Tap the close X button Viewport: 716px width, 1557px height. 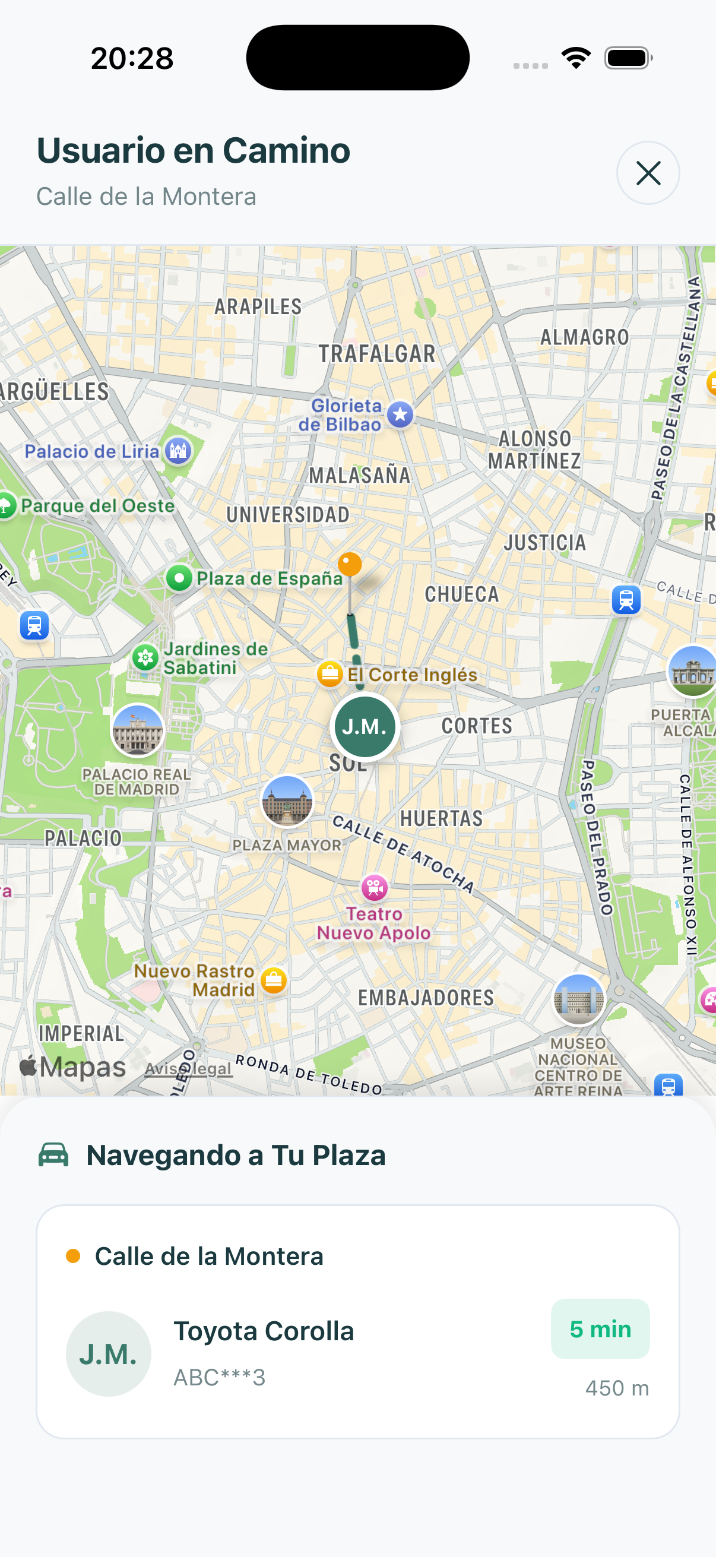coord(648,173)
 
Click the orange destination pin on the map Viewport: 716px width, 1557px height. coord(349,564)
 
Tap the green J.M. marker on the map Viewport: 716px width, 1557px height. coord(365,726)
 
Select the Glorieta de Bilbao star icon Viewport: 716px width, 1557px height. coord(400,414)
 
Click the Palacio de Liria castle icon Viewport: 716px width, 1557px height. coord(178,450)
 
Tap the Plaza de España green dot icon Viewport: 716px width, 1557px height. coord(179,578)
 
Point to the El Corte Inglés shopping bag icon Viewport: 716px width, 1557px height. coord(330,673)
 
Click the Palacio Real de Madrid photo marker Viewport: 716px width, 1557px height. coord(138,730)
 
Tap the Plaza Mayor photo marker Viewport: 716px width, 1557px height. coord(287,801)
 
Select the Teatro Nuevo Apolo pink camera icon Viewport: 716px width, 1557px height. coord(375,887)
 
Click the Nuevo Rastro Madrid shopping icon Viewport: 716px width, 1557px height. coord(274,980)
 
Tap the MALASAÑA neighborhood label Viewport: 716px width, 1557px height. coord(360,475)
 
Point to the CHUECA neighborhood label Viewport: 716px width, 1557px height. coord(462,594)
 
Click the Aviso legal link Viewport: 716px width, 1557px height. coord(189,1069)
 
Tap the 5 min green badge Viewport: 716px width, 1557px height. coord(600,1328)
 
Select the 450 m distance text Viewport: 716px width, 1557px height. coord(616,1388)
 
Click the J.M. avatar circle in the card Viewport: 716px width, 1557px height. coord(108,1353)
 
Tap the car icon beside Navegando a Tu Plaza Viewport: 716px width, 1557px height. coord(54,1154)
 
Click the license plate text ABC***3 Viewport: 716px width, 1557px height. coord(219,1378)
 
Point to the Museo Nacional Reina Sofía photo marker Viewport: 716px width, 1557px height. coord(578,999)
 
